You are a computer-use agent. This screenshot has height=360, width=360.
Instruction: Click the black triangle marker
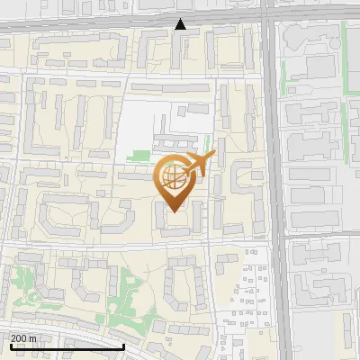pos(181,24)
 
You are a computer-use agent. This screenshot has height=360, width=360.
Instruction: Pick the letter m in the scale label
pos(34,338)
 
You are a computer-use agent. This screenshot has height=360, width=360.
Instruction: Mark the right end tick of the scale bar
pos(123,345)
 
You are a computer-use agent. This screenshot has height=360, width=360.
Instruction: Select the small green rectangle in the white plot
pos(138,155)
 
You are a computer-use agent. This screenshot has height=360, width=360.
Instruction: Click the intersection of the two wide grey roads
pos(270,18)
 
